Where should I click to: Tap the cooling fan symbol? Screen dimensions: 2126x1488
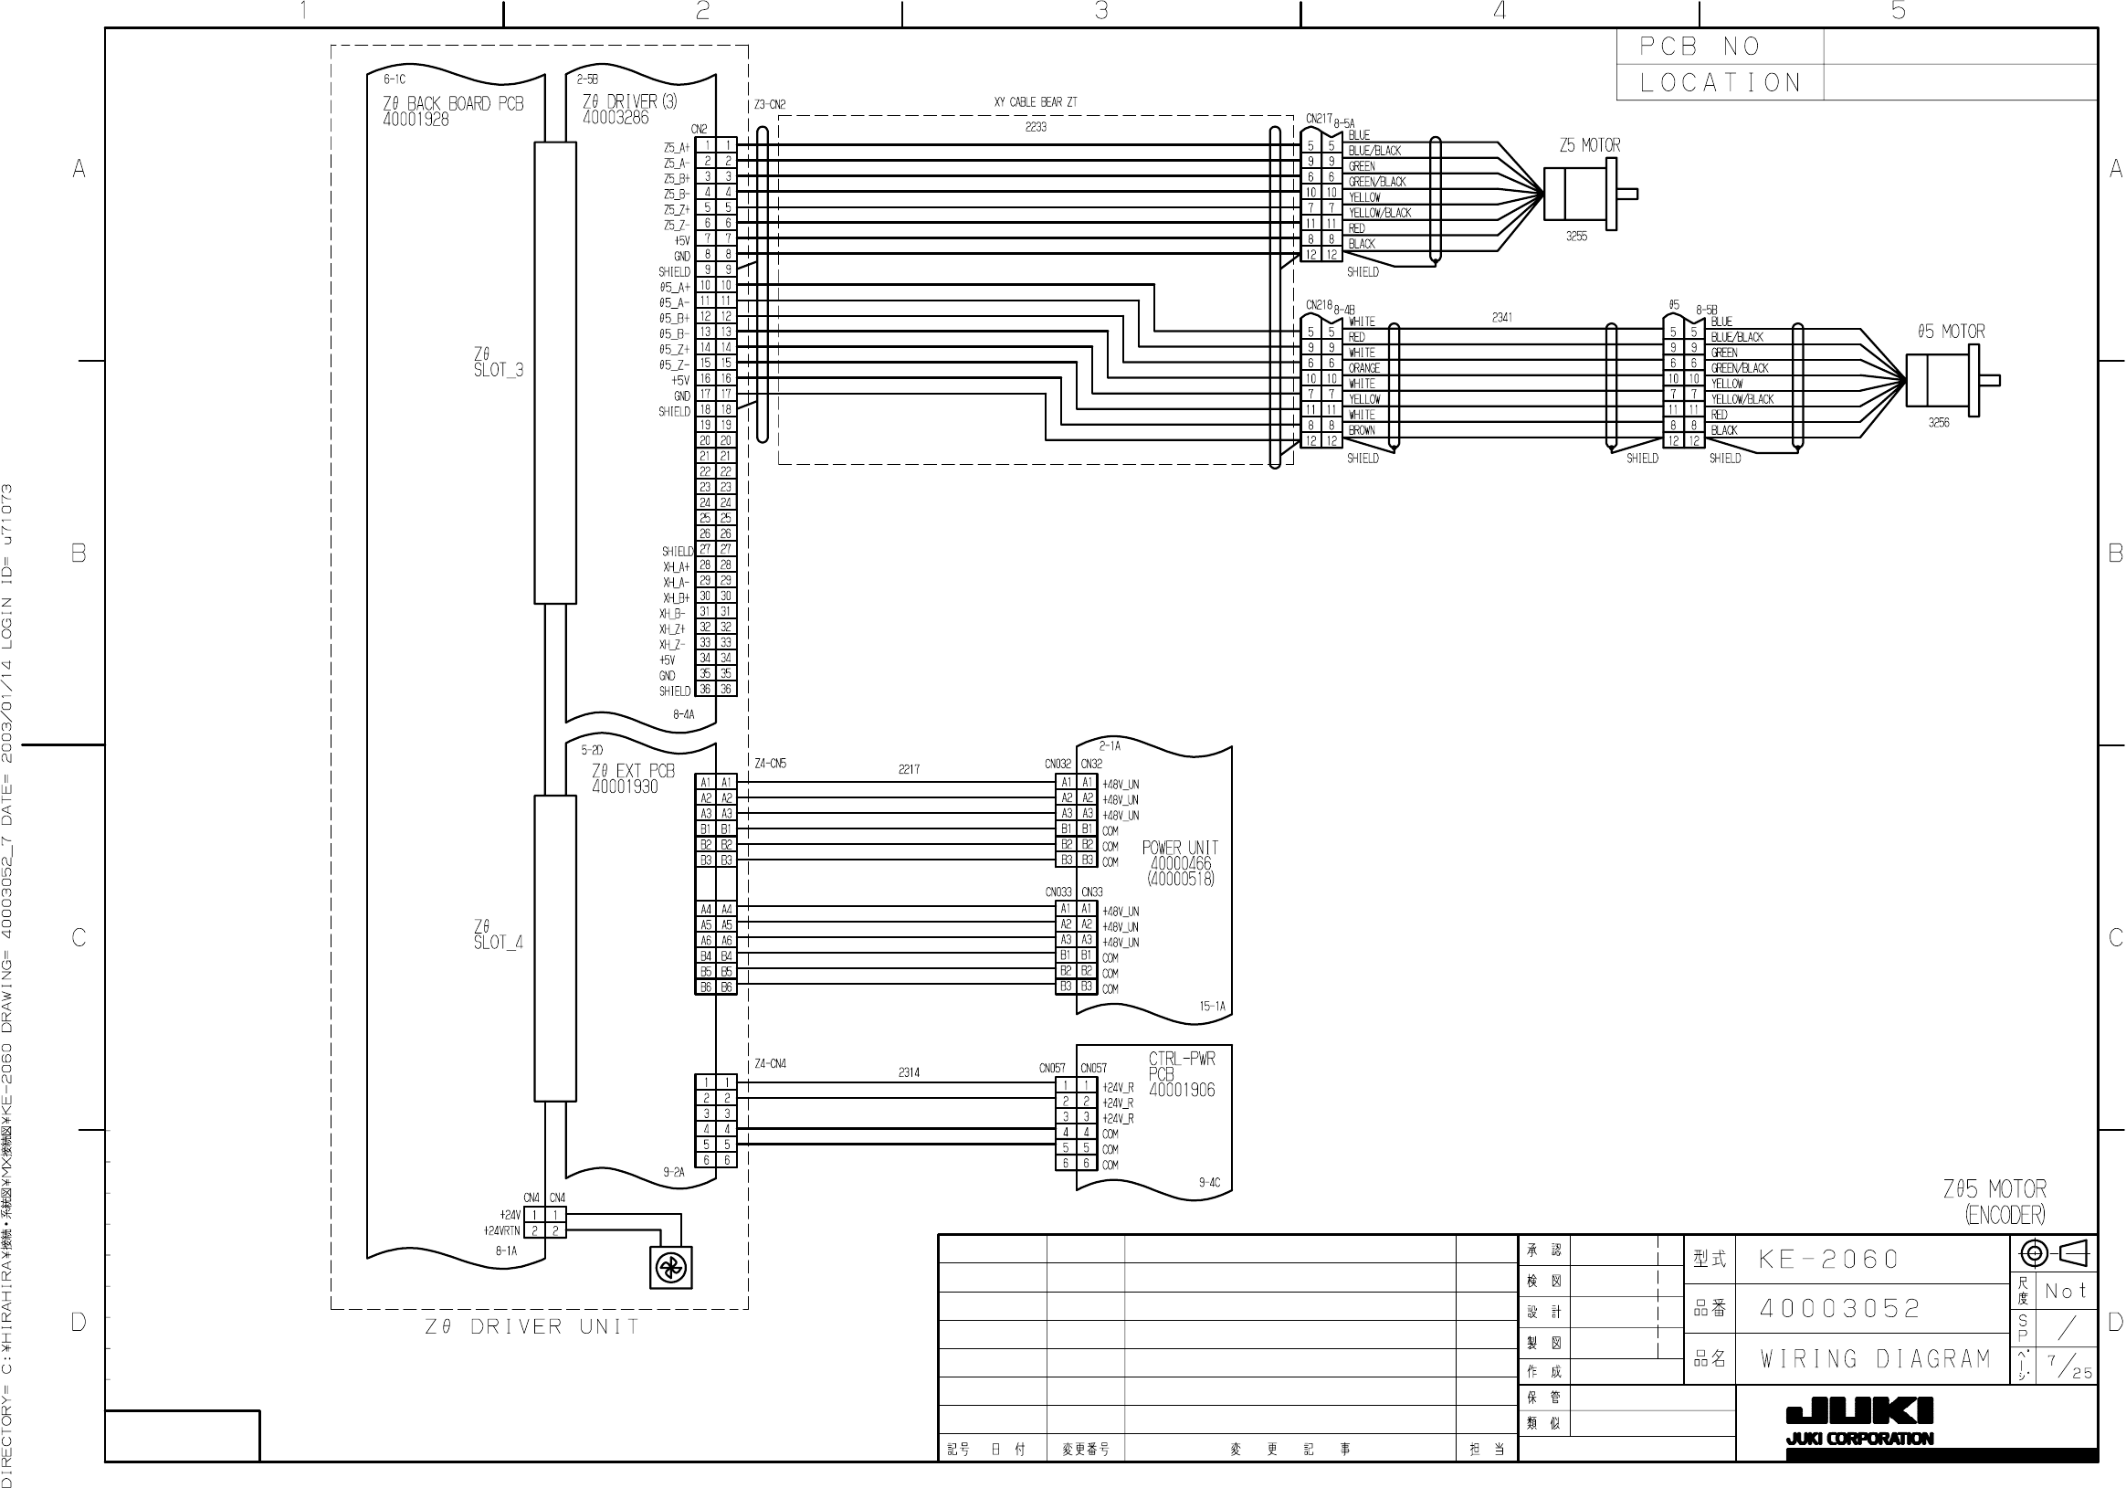click(670, 1268)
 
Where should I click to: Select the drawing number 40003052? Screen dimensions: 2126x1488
click(1840, 1308)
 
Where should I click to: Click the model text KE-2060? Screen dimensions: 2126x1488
click(1828, 1260)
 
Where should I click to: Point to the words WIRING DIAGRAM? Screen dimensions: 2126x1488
click(1875, 1358)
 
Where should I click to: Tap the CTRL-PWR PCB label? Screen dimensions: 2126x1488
click(1182, 1073)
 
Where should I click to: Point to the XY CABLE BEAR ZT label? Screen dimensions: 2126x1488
click(1036, 102)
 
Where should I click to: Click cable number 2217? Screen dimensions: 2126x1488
click(910, 769)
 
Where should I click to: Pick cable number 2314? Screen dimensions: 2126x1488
click(909, 1072)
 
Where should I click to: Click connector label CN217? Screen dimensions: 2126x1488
click(1319, 119)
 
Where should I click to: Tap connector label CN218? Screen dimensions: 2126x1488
click(1319, 305)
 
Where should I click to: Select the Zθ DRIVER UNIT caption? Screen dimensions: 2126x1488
click(531, 1327)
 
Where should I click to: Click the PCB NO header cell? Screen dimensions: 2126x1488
click(1700, 47)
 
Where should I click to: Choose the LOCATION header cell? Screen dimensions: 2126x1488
click(1720, 82)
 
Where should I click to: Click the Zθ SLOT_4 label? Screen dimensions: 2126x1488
click(498, 934)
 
